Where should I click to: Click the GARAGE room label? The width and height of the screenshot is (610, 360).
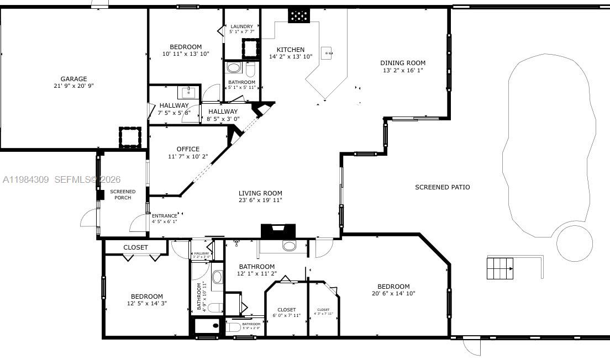73,79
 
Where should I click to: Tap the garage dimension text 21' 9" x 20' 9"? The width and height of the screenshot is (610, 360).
73,86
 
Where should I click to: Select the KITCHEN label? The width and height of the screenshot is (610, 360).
291,50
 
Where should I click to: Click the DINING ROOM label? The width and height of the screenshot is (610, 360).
403,63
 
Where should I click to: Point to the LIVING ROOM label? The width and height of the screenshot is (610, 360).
260,193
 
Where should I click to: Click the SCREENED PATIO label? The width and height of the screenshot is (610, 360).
442,187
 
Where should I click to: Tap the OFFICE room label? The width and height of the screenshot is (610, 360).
188,149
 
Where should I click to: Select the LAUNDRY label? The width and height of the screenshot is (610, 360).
241,27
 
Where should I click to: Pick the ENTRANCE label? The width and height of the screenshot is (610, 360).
165,216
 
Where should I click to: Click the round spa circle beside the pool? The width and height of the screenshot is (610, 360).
575,242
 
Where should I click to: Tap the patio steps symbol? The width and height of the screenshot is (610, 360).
499,268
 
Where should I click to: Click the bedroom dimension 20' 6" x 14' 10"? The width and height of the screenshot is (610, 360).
393,294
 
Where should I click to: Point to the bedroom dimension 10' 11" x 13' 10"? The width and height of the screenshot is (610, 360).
186,54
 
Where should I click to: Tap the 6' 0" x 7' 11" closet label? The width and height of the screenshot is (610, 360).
286,316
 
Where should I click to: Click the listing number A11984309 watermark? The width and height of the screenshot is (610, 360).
26,179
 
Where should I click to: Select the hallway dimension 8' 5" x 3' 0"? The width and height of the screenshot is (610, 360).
223,118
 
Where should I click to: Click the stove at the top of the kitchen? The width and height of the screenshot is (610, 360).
298,16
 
